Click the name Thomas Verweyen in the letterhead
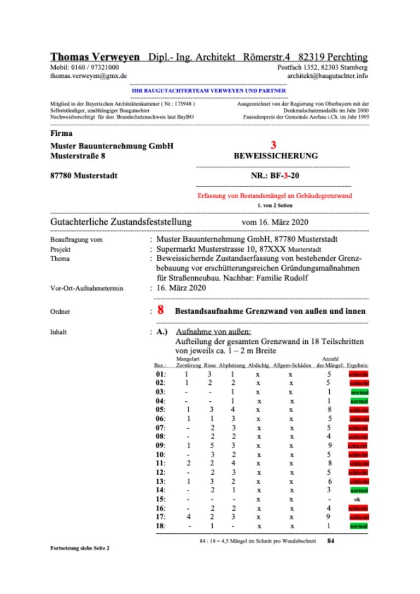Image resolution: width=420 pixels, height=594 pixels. point(96,57)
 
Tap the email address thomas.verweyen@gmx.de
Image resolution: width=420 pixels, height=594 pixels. point(89,76)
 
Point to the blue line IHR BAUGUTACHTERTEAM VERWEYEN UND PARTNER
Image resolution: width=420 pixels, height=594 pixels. point(209,90)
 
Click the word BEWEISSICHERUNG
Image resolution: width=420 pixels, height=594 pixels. point(276,156)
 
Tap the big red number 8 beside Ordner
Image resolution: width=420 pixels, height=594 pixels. point(161,310)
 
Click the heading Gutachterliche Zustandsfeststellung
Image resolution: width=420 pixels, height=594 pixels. point(121,222)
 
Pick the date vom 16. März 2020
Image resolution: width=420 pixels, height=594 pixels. point(275,223)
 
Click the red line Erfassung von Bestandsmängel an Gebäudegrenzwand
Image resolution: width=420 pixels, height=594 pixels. point(274,195)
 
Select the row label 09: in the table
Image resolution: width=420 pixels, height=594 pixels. point(161,445)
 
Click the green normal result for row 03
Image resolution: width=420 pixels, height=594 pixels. point(359,393)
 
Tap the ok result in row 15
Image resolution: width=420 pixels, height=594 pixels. point(357,499)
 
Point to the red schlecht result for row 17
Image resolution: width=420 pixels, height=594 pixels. point(359,517)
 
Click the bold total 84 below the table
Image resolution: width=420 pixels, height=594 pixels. point(330,541)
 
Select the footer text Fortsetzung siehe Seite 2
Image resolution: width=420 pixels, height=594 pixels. point(79,547)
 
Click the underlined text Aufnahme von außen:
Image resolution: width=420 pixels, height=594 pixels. point(213,332)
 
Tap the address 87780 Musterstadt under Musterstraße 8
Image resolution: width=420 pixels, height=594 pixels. point(83,176)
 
